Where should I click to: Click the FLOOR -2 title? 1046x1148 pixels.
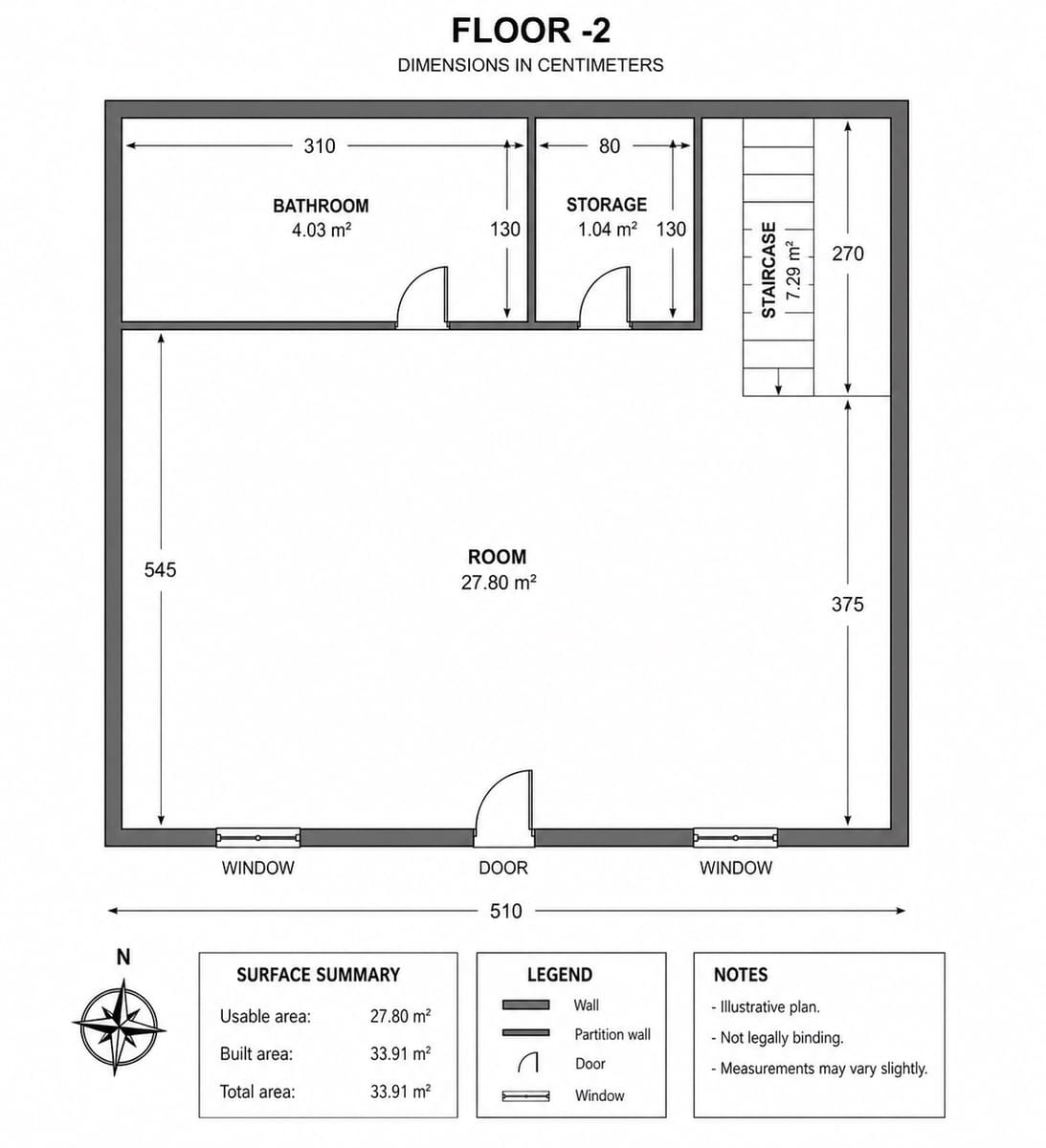(x=530, y=31)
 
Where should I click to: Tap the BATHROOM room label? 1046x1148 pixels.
(x=321, y=206)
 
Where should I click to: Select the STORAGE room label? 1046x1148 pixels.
(x=606, y=205)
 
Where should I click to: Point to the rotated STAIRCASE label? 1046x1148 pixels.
(x=768, y=270)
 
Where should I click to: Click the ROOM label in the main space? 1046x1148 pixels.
(x=497, y=557)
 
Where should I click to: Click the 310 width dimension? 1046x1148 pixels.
(x=320, y=145)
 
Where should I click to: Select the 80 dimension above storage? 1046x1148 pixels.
(x=610, y=145)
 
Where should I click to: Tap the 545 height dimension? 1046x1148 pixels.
(x=160, y=569)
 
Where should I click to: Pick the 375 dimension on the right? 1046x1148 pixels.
(x=847, y=604)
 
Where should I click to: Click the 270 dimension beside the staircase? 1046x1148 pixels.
(x=847, y=254)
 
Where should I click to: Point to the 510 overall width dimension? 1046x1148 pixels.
(x=505, y=911)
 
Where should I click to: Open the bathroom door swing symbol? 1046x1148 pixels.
(x=422, y=298)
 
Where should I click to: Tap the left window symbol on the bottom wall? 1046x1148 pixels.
(x=257, y=838)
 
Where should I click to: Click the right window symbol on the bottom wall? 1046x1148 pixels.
(x=735, y=838)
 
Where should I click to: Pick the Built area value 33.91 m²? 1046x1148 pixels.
(x=400, y=1053)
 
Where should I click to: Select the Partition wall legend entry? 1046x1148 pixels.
(x=612, y=1034)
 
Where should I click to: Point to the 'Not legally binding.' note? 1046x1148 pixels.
(x=781, y=1037)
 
